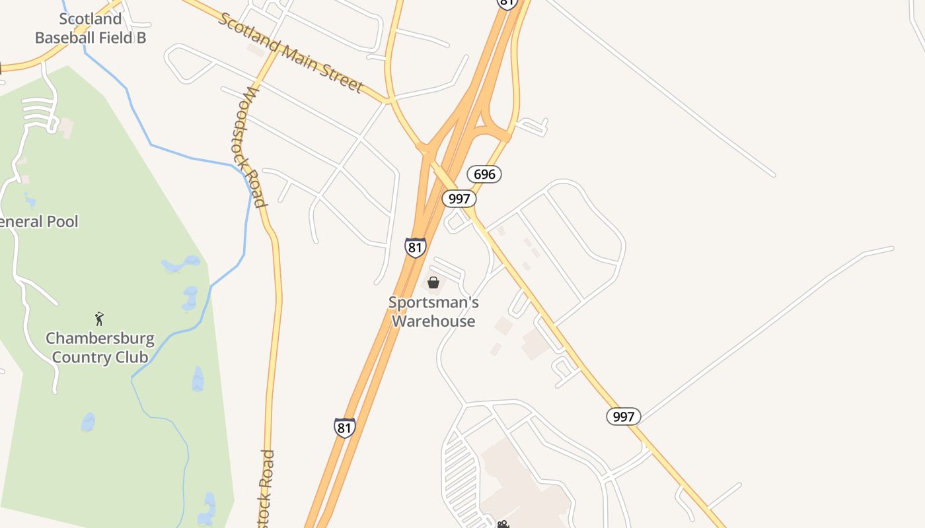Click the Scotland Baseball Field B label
(x=91, y=28)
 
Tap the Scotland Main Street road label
(x=290, y=53)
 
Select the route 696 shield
(x=484, y=174)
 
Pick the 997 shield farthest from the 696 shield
(x=623, y=416)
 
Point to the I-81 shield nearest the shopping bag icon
(x=416, y=247)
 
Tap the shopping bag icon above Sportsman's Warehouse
(x=433, y=282)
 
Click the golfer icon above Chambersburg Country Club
(x=100, y=319)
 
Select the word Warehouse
(x=433, y=321)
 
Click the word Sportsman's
(x=433, y=303)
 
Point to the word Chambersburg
(x=100, y=339)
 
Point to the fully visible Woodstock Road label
(x=254, y=147)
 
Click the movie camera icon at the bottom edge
(x=503, y=524)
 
